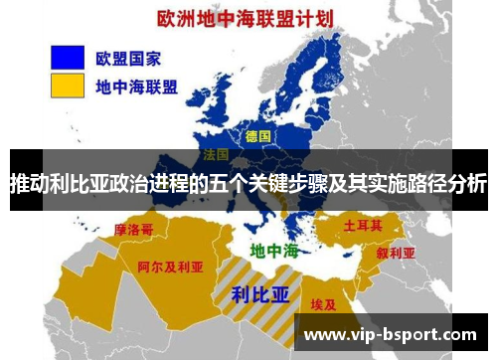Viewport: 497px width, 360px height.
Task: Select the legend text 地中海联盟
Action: pos(137,87)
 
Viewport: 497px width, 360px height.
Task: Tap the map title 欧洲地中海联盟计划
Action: pos(248,18)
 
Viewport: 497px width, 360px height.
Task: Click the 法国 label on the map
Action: pos(216,156)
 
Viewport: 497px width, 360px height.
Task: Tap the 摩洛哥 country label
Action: pos(134,230)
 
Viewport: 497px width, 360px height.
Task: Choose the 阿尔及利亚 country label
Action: pos(170,268)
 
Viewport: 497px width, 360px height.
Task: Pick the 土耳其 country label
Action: pos(363,226)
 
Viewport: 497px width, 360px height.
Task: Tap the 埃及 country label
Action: pos(323,304)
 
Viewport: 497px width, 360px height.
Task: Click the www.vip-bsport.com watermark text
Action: pos(386,335)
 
